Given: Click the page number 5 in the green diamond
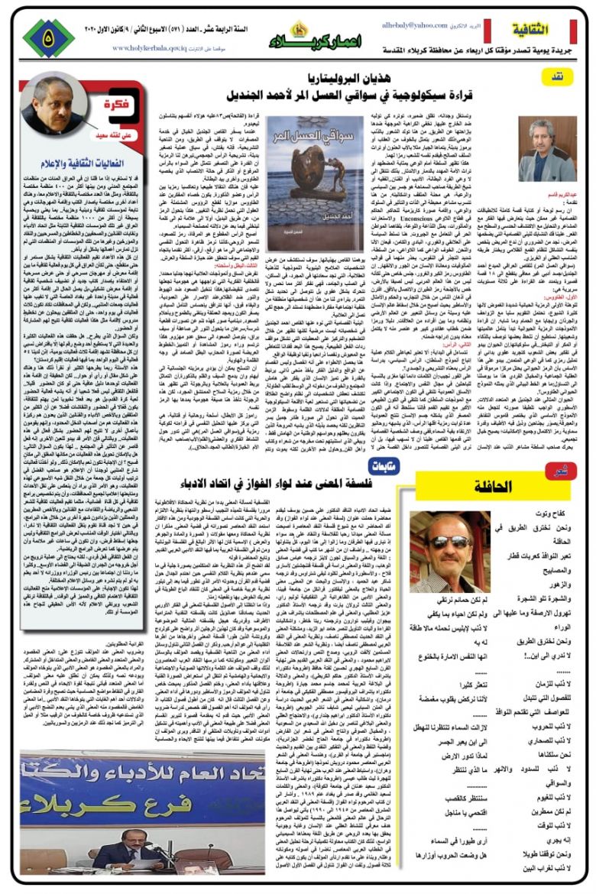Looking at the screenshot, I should tap(48, 35).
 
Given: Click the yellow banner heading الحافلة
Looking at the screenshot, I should tap(504, 486).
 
